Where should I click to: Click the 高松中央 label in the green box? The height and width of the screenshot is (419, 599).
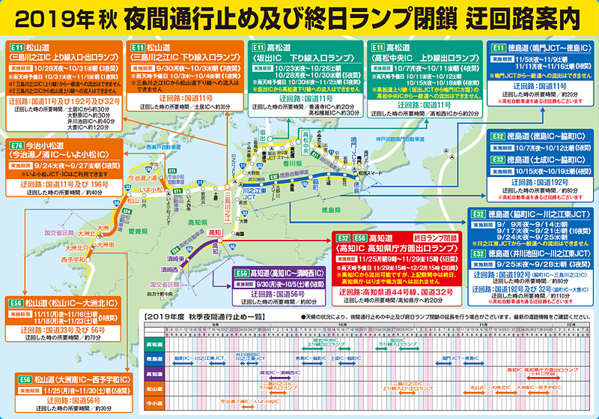(x=305, y=137)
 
